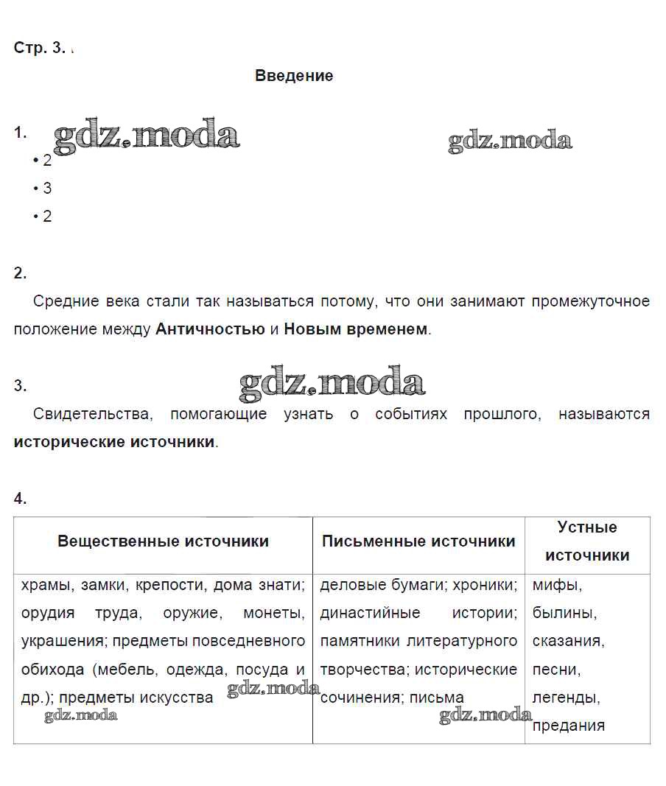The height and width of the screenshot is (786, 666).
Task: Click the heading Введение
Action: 294,76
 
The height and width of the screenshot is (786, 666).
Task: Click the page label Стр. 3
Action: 40,49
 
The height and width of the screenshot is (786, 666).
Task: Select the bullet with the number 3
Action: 47,189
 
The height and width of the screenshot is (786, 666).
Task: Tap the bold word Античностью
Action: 210,329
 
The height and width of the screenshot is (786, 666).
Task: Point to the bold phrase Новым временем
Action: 355,329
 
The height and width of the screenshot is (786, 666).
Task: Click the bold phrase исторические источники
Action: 114,442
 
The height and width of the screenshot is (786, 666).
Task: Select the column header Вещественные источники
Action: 163,541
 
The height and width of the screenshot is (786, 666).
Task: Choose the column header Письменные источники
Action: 418,541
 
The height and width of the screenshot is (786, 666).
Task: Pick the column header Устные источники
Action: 587,541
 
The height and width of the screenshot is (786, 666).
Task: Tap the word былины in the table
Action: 564,614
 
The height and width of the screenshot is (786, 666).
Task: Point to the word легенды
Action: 566,697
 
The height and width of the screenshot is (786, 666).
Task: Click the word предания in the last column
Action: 568,726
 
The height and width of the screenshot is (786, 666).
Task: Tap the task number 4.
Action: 20,499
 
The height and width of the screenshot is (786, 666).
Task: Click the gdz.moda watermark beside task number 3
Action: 332,383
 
